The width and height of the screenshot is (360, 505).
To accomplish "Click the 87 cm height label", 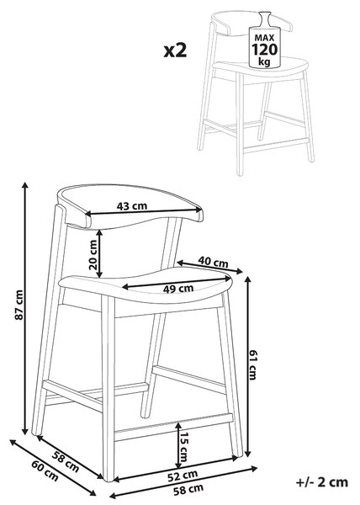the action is pyautogui.click(x=19, y=305).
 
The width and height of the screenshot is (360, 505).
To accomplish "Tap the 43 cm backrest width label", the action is pyautogui.click(x=131, y=206).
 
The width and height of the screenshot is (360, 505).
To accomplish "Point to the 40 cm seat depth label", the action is pyautogui.click(x=213, y=262).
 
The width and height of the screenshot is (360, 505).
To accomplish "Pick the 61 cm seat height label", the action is pyautogui.click(x=252, y=364).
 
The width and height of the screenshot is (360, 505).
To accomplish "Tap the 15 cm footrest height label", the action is pyautogui.click(x=183, y=447).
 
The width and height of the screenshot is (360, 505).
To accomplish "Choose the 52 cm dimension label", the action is pyautogui.click(x=183, y=476).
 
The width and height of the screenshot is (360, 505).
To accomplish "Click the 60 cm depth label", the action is pyautogui.click(x=45, y=471).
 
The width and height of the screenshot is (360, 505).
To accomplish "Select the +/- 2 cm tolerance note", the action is pyautogui.click(x=321, y=482).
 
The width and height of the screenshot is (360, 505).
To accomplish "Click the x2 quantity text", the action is pyautogui.click(x=175, y=50).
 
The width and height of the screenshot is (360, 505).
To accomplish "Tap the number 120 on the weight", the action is pyautogui.click(x=264, y=50).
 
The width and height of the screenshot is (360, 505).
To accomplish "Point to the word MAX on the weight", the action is pyautogui.click(x=264, y=38).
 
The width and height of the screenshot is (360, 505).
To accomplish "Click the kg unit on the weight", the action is pyautogui.click(x=264, y=61).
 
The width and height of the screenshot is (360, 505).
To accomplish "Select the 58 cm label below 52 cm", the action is pyautogui.click(x=188, y=490).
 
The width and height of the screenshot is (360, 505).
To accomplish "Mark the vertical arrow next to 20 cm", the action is pyautogui.click(x=100, y=253).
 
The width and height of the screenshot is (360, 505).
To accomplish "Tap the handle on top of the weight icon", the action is pyautogui.click(x=265, y=19).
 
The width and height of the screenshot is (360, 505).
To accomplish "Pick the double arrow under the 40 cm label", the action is pyautogui.click(x=209, y=267).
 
